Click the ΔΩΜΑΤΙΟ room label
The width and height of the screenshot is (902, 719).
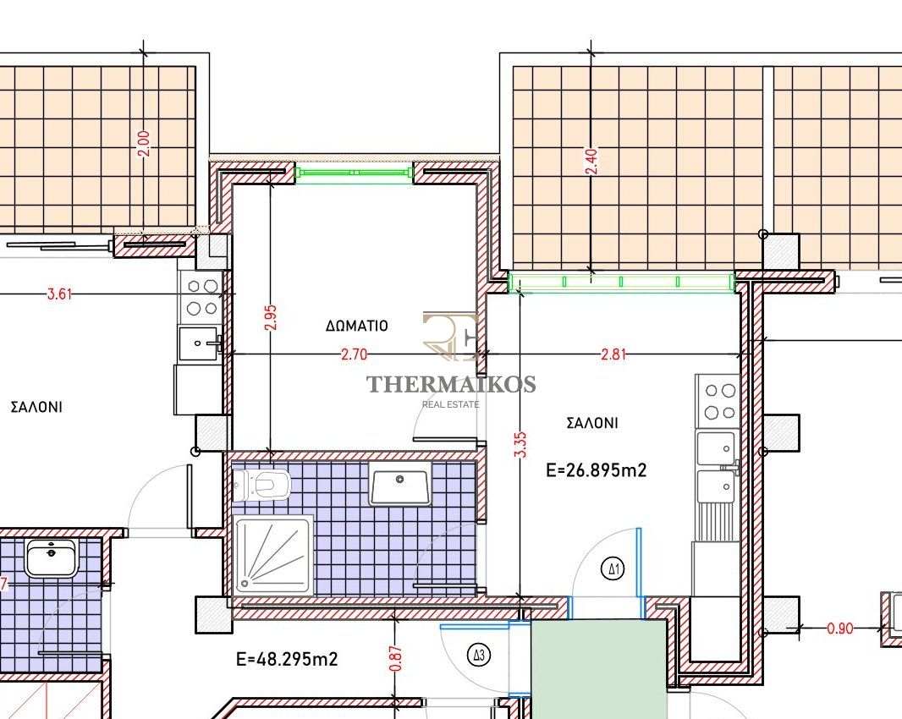click(357, 327)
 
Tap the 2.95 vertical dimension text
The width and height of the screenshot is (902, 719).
click(271, 317)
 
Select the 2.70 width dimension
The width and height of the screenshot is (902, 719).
click(354, 354)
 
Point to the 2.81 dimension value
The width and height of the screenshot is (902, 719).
click(613, 354)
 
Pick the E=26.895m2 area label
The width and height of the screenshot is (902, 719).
click(596, 470)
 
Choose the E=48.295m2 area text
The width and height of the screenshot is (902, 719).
click(287, 659)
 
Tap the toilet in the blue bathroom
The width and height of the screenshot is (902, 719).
click(262, 484)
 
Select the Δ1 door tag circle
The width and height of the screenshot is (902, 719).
click(613, 569)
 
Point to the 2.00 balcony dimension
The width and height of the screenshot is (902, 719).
click(143, 144)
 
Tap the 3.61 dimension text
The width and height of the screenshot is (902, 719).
click(59, 294)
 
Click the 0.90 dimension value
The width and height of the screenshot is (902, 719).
click(840, 628)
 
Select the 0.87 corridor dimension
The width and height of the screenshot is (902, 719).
click(395, 659)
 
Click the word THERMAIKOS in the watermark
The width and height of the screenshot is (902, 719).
click(452, 384)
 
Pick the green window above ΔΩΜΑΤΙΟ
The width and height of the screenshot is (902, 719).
click(355, 173)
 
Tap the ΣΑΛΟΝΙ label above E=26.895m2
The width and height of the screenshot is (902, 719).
click(592, 423)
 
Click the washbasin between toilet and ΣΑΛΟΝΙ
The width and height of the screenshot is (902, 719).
click(399, 483)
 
